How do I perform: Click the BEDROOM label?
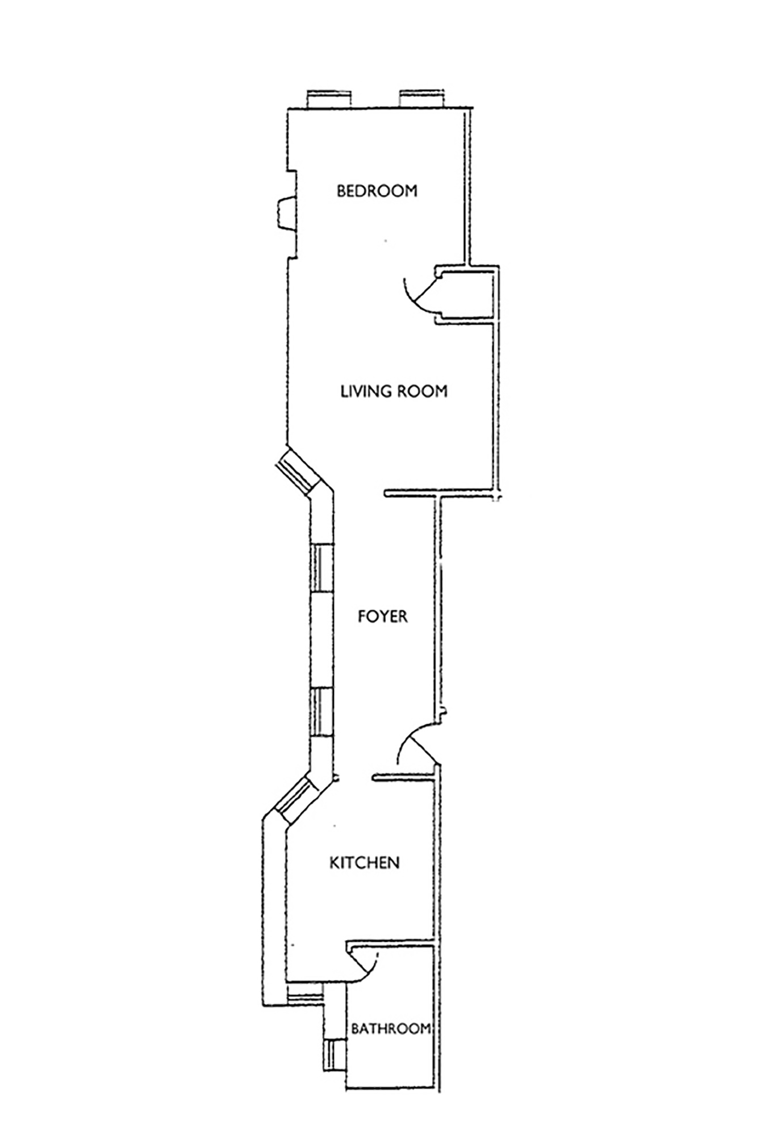point(377,191)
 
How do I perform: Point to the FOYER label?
point(383,616)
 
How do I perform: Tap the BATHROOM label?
point(391,1029)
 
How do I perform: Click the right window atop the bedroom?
point(421,99)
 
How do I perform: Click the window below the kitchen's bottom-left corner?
point(303,999)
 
